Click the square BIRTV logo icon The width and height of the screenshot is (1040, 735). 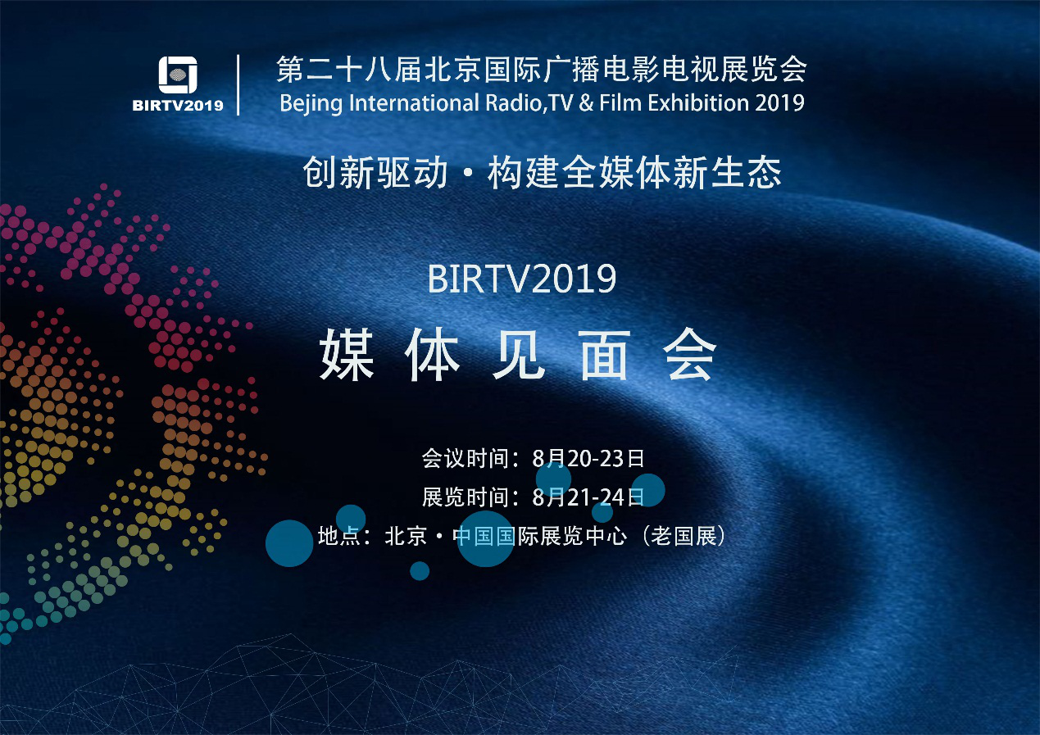(x=178, y=75)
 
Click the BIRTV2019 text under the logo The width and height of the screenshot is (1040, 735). (x=178, y=106)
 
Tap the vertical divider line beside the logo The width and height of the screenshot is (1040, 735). (x=238, y=85)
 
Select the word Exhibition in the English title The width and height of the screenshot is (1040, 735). (x=699, y=102)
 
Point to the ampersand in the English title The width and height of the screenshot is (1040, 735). (x=587, y=103)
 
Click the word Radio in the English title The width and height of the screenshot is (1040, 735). (x=513, y=102)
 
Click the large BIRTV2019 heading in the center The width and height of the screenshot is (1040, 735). (x=521, y=279)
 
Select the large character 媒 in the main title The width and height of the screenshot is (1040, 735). (x=347, y=354)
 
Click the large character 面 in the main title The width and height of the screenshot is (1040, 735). (x=604, y=354)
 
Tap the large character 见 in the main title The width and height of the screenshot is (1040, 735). (x=518, y=354)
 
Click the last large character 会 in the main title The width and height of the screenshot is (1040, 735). (x=689, y=354)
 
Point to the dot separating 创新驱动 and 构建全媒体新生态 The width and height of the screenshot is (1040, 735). (x=468, y=174)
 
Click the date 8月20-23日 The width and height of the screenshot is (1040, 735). (x=588, y=459)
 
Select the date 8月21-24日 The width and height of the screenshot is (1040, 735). (x=588, y=497)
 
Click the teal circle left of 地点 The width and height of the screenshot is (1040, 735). (x=289, y=543)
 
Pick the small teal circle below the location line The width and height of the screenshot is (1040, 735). (x=420, y=571)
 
